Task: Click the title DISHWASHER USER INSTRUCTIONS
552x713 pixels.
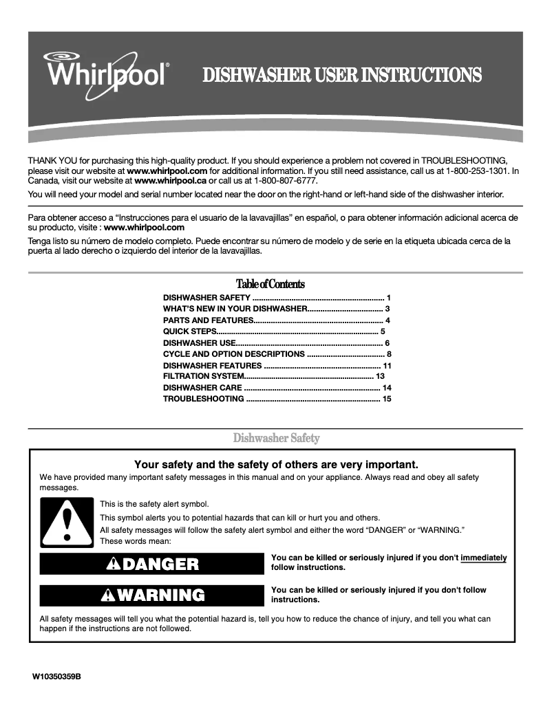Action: [x=341, y=75]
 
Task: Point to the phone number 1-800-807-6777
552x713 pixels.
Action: [x=286, y=180]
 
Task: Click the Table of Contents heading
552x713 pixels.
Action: [x=270, y=284]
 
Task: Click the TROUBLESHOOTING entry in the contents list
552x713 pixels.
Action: [x=203, y=399]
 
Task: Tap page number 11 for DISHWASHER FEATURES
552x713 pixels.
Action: [x=387, y=365]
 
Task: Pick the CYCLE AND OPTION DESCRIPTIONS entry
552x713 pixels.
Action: [x=233, y=354]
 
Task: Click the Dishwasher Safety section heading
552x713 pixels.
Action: [x=276, y=438]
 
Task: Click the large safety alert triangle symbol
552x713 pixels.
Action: [x=66, y=522]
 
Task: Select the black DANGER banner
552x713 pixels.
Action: [x=151, y=564]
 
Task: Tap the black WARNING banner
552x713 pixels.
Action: [x=151, y=595]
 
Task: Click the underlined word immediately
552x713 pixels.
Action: [x=483, y=558]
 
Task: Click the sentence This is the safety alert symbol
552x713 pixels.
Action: [x=153, y=504]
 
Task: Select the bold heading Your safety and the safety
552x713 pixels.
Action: [x=276, y=465]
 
